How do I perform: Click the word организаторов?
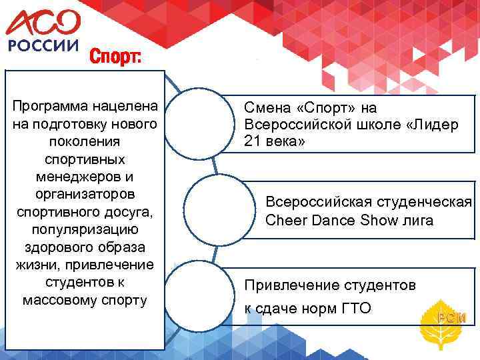(84, 194)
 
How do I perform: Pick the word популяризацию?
(84, 229)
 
